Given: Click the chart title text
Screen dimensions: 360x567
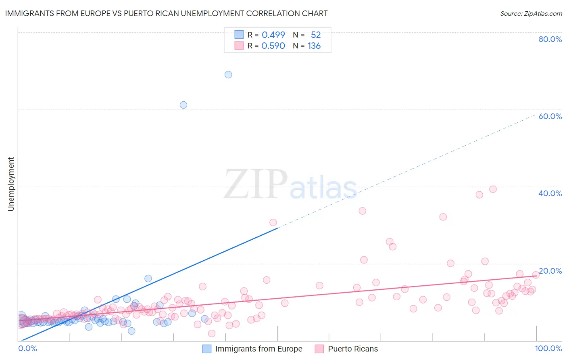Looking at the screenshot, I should click(166, 13).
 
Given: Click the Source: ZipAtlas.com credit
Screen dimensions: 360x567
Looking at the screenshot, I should click(531, 13).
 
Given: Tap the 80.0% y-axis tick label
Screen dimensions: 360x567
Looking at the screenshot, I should click(550, 39).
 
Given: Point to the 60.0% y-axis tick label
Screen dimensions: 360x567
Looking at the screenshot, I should click(550, 116).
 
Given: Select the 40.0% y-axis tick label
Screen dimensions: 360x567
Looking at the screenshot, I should click(550, 193).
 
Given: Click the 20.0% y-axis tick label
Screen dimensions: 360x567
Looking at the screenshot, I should click(550, 271).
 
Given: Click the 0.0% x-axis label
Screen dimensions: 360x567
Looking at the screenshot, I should click(27, 348).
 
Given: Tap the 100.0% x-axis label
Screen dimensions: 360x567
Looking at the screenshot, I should click(548, 348).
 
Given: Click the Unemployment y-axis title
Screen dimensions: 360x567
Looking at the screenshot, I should click(11, 184).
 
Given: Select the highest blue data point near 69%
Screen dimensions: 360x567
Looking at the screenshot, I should click(228, 75).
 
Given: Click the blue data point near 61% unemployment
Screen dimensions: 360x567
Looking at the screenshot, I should click(183, 105).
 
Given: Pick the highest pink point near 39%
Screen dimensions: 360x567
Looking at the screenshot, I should click(493, 189).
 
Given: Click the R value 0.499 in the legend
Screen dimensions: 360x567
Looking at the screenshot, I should click(273, 35).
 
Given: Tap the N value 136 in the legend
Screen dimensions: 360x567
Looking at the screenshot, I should click(314, 46).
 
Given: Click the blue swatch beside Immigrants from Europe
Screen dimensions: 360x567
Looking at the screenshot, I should click(207, 349).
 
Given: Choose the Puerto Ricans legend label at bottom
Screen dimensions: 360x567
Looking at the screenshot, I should click(353, 349).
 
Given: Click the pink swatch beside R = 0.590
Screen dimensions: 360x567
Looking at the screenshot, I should click(239, 46).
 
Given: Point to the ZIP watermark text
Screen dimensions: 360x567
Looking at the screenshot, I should click(256, 184).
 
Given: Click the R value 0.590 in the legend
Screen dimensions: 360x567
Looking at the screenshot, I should click(273, 46).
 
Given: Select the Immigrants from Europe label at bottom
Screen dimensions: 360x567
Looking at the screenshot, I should click(258, 349).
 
